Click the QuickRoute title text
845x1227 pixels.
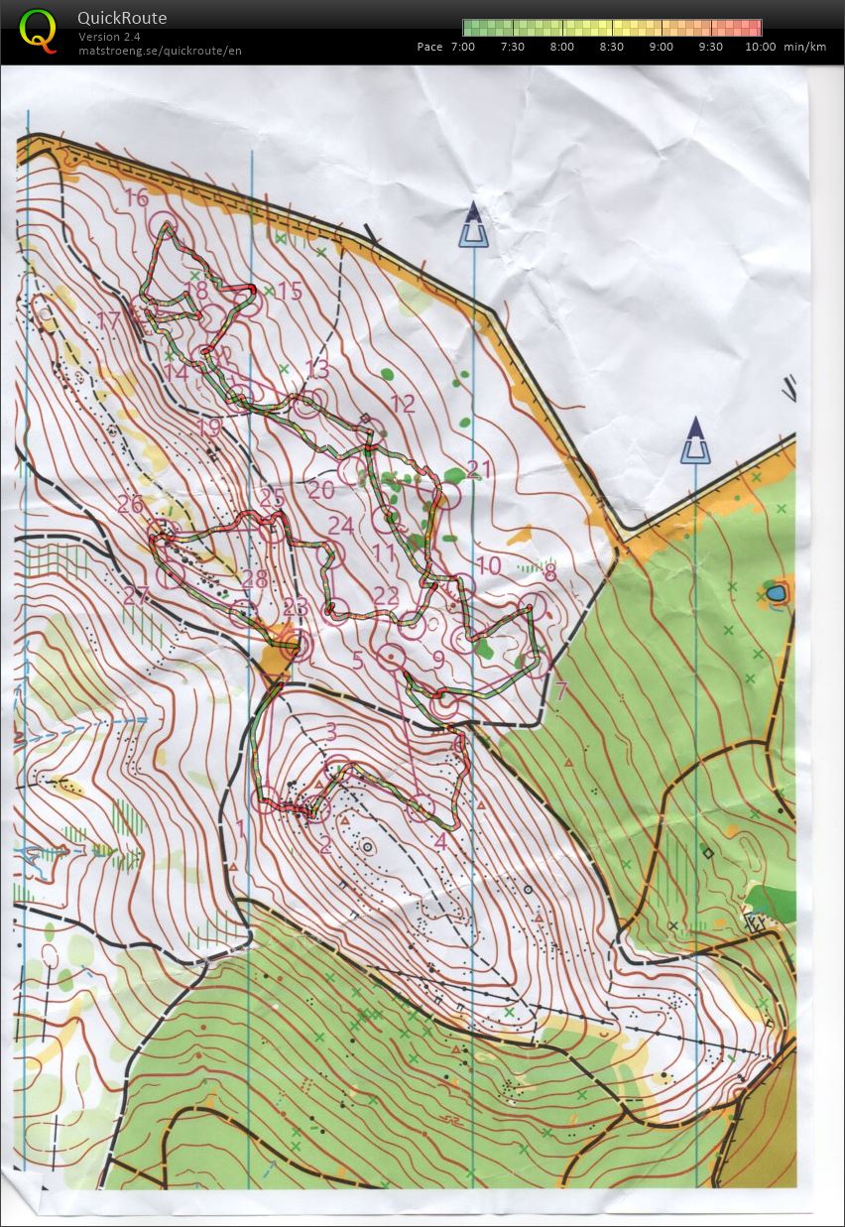tap(122, 18)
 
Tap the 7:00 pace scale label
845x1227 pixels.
tap(462, 47)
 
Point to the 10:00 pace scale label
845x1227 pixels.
tap(761, 47)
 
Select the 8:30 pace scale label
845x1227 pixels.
tap(612, 47)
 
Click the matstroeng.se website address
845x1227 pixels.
tap(160, 51)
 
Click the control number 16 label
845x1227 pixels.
tap(137, 197)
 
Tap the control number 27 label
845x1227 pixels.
tap(136, 595)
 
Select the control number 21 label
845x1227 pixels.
tap(479, 468)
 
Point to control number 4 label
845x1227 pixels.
tap(439, 841)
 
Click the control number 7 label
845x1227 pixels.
tap(560, 691)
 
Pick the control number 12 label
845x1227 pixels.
tap(403, 404)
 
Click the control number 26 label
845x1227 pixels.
tap(130, 505)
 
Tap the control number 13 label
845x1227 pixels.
tap(316, 369)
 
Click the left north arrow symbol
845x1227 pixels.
tap(474, 226)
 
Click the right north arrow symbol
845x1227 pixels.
tap(695, 442)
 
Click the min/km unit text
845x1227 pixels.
tap(804, 47)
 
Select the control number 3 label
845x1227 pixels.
tap(330, 732)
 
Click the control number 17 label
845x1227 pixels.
tap(108, 320)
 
